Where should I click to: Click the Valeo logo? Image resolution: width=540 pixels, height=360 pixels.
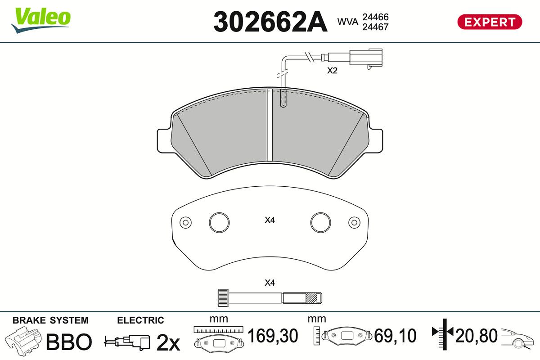point(41,20)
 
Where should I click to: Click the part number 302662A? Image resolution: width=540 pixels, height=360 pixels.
point(270,22)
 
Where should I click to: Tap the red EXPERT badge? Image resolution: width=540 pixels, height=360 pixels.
point(490,22)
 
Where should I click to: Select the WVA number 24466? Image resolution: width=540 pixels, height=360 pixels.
point(375,17)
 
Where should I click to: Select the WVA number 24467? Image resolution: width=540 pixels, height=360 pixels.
point(375,27)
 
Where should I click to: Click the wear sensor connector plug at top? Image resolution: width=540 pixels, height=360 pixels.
point(366,58)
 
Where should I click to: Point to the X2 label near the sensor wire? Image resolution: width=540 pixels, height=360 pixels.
point(332,70)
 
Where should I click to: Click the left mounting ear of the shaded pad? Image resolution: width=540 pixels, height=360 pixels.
point(164,141)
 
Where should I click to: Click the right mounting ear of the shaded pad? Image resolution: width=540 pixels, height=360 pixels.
point(376,141)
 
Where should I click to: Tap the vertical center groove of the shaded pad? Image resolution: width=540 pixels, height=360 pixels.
point(270,125)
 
